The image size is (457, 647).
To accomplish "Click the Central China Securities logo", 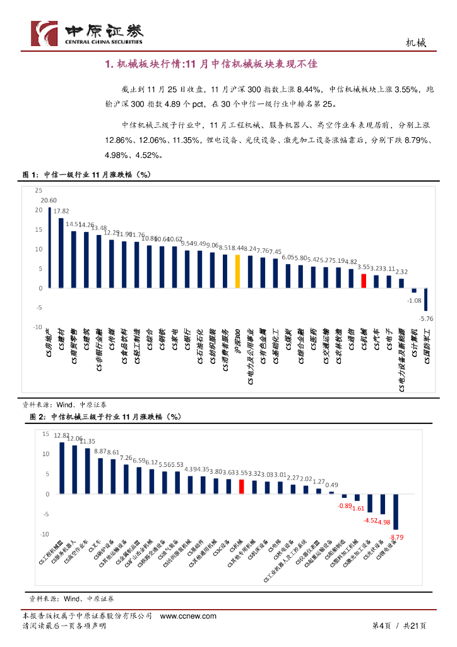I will click(88, 33).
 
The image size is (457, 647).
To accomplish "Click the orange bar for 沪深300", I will click(237, 271).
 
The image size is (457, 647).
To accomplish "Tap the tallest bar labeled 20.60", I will click(49, 248).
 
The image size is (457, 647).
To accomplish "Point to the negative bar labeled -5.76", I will click(426, 299).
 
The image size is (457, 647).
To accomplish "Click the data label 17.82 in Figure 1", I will click(61, 211).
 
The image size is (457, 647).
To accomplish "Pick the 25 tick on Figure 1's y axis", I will click(39, 190).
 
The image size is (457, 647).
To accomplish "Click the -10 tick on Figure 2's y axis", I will click(44, 535).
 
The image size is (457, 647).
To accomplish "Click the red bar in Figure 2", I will click(241, 487).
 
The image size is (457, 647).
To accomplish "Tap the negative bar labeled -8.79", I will click(396, 512).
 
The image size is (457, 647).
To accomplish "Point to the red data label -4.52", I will click(371, 521).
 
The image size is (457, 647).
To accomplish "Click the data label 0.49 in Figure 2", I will click(331, 485).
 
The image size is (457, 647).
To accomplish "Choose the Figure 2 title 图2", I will click(39, 418).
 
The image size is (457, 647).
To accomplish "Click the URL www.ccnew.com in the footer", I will click(188, 616).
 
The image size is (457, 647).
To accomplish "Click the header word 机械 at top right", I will click(415, 43).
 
